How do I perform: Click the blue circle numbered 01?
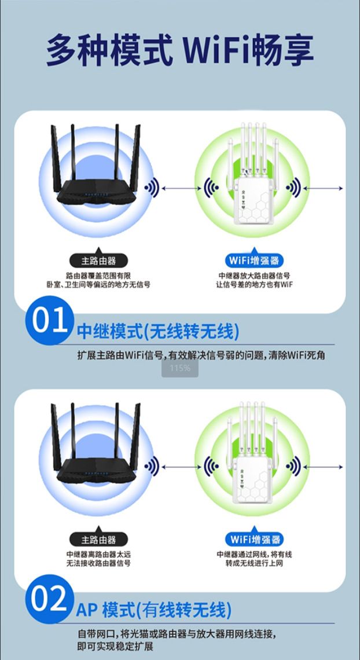pyautogui.click(x=50, y=320)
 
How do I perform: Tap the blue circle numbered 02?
pyautogui.click(x=50, y=599)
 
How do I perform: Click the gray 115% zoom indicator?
pyautogui.click(x=180, y=368)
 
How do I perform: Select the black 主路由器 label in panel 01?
pyautogui.click(x=98, y=261)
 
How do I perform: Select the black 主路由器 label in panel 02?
pyautogui.click(x=98, y=539)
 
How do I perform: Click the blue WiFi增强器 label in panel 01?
pyautogui.click(x=254, y=261)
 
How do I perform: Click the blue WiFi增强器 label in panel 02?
pyautogui.click(x=254, y=539)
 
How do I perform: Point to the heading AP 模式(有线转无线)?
pyautogui.click(x=154, y=610)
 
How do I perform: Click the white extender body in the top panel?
pyautogui.click(x=254, y=200)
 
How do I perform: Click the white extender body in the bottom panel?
pyautogui.click(x=253, y=480)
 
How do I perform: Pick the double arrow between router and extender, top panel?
pyautogui.click(x=181, y=188)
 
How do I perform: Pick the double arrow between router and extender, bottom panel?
pyautogui.click(x=181, y=467)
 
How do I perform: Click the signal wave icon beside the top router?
pyautogui.click(x=152, y=188)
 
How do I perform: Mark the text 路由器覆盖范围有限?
pyautogui.click(x=98, y=276)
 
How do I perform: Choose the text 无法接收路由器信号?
pyautogui.click(x=98, y=563)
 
